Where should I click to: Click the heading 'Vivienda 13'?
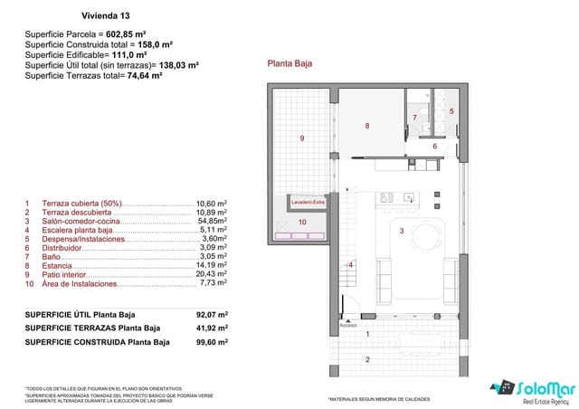coord(105,16)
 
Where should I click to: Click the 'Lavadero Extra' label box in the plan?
coord(308,203)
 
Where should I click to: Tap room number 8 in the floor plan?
coord(367,126)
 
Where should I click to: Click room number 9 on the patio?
coord(301,138)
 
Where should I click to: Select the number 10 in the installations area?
coord(302,222)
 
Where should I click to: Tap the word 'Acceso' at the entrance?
coord(348,323)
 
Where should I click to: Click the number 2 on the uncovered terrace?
coord(367,359)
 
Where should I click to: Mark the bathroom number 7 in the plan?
coord(414,118)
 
